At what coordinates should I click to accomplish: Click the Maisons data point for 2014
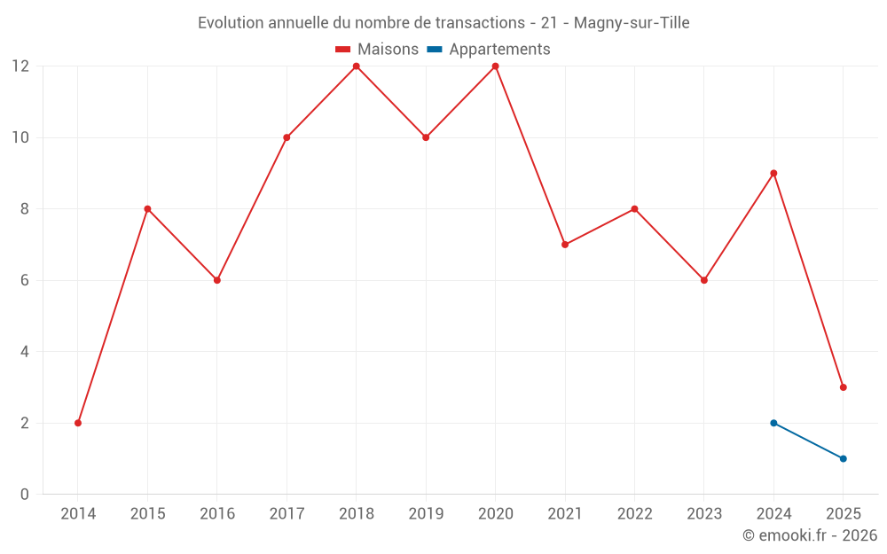tap(78, 423)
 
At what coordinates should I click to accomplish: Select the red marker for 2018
tap(357, 66)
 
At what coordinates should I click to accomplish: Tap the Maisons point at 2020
tap(496, 66)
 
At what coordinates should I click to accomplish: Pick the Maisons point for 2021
tap(565, 245)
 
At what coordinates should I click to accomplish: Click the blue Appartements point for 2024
tap(773, 423)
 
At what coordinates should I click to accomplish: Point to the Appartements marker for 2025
tap(844, 458)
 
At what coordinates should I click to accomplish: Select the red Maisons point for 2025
tap(844, 387)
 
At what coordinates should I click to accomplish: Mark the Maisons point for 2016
tap(217, 280)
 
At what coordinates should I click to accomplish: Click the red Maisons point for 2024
tap(773, 174)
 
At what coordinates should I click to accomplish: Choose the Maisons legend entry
tap(378, 50)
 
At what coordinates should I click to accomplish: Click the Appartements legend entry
tap(490, 50)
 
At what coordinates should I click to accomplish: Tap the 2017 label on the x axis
tap(287, 514)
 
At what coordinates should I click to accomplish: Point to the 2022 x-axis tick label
tap(634, 514)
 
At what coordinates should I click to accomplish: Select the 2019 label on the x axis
tap(426, 514)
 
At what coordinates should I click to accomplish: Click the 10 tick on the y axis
tap(20, 137)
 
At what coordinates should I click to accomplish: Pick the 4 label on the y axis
tap(25, 352)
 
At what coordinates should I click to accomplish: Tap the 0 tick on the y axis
tap(25, 494)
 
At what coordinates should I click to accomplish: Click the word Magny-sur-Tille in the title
tap(632, 23)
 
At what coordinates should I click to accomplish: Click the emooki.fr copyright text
tap(810, 535)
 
